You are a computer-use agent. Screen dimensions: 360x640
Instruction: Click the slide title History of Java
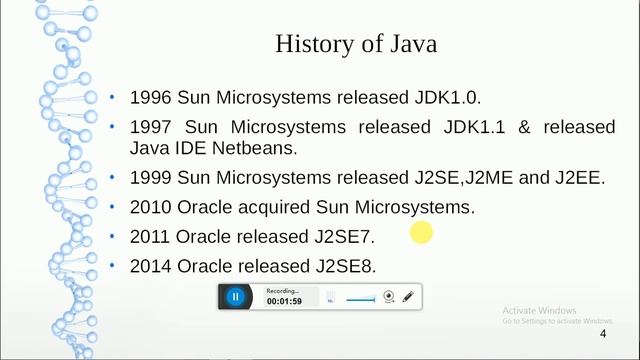[355, 44]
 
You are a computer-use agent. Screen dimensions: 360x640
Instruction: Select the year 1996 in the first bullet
[152, 97]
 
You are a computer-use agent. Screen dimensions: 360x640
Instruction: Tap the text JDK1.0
[450, 97]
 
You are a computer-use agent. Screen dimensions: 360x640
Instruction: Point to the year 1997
[152, 128]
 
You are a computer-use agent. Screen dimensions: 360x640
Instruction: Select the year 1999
[152, 178]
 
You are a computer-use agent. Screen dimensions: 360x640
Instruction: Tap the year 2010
[152, 207]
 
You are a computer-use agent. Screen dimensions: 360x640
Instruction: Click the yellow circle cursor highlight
[421, 233]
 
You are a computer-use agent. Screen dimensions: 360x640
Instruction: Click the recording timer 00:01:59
[284, 301]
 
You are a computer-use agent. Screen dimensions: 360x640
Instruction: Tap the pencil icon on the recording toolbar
[408, 296]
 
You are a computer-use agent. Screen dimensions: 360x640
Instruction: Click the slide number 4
[602, 333]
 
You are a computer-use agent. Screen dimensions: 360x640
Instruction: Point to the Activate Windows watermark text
[540, 310]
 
